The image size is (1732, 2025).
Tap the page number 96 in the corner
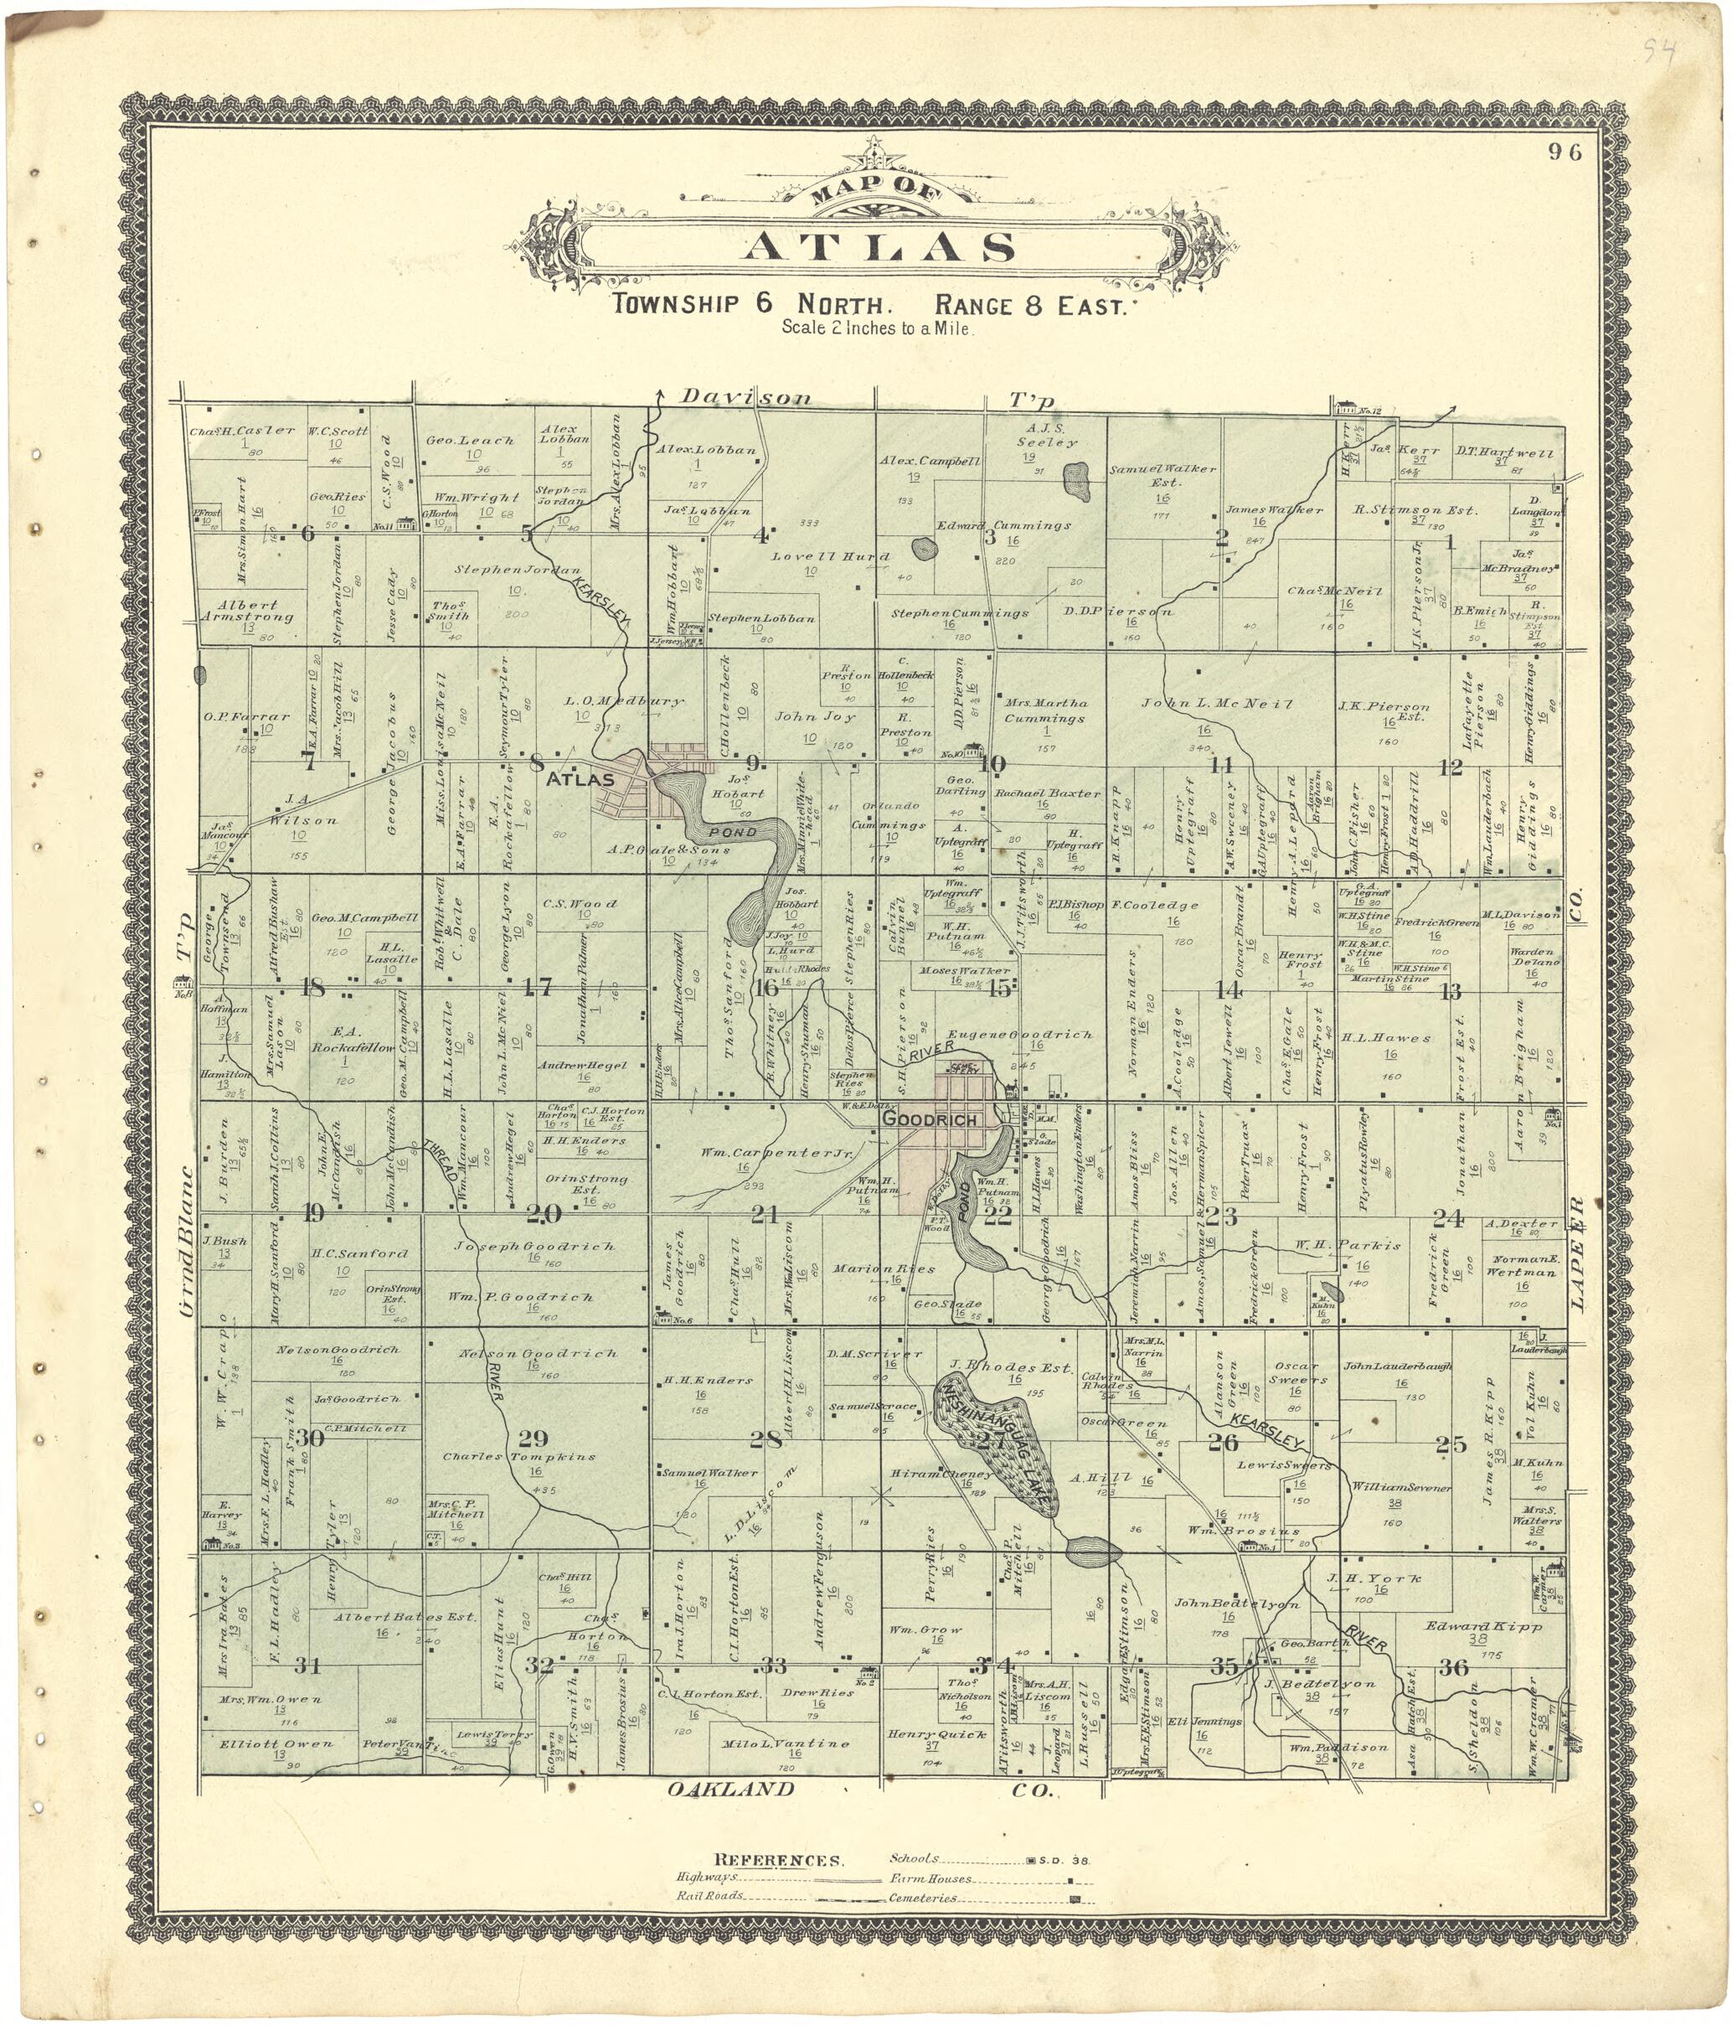pyautogui.click(x=1569, y=152)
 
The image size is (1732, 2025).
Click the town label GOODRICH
pyautogui.click(x=929, y=1119)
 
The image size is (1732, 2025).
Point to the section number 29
pyautogui.click(x=534, y=1438)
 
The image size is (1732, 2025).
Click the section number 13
pyautogui.click(x=1451, y=992)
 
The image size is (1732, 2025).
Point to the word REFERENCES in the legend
pyautogui.click(x=777, y=1859)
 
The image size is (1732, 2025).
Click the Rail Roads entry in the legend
pyautogui.click(x=710, y=1894)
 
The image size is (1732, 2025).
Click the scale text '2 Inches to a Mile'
pyautogui.click(x=876, y=328)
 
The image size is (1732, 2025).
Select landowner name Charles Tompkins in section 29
pyautogui.click(x=518, y=1456)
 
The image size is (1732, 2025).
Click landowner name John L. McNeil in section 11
pyautogui.click(x=1217, y=704)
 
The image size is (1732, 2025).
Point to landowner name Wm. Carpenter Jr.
pyautogui.click(x=776, y=1155)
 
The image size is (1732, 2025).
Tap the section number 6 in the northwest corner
pyautogui.click(x=307, y=534)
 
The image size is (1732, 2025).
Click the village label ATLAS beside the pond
pyautogui.click(x=580, y=780)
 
